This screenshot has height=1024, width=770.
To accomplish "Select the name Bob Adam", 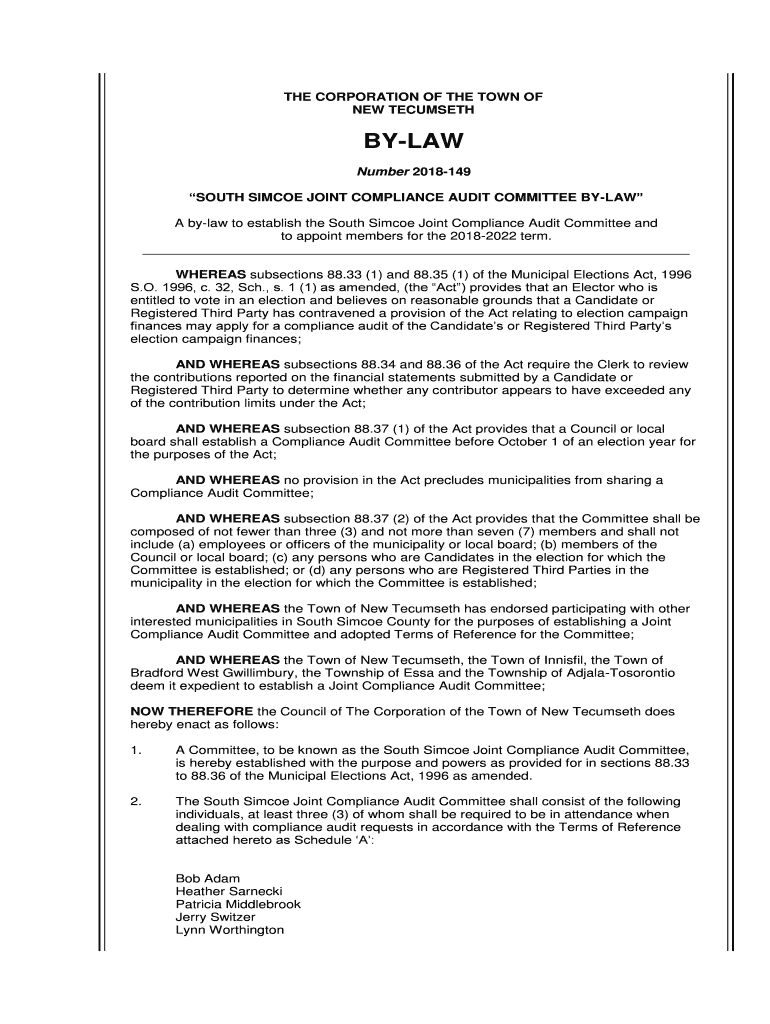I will click(x=201, y=878).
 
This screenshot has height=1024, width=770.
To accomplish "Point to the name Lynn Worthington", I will click(x=230, y=930).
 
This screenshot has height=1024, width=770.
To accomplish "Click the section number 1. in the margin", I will click(x=137, y=749).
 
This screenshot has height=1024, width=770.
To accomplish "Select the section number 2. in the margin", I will click(x=137, y=801).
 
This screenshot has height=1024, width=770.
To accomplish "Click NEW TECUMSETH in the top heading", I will click(x=413, y=110).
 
